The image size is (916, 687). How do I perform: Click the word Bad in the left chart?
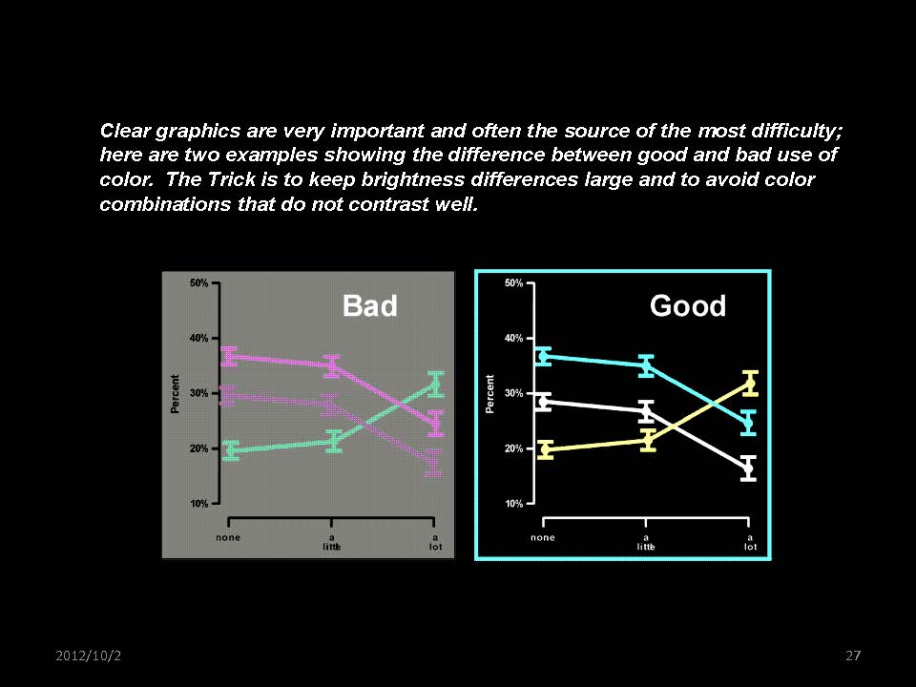[x=370, y=305]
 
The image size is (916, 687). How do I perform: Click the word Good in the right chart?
[x=688, y=305]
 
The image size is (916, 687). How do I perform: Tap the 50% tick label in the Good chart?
[x=513, y=283]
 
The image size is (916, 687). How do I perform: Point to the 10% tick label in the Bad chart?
[x=198, y=504]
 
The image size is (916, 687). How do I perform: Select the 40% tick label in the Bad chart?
[x=198, y=338]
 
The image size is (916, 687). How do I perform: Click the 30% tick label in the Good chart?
[x=513, y=393]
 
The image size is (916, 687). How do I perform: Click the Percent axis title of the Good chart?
[x=489, y=394]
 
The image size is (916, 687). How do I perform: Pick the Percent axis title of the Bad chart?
[x=175, y=394]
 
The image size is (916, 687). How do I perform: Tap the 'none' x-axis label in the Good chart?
[x=543, y=537]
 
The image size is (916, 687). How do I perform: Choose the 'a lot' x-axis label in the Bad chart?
[x=435, y=542]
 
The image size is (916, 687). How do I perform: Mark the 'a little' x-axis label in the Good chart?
[x=646, y=542]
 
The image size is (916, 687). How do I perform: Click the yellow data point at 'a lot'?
[x=750, y=384]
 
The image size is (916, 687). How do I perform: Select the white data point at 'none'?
[x=543, y=402]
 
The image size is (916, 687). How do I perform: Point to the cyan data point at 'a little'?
[x=646, y=366]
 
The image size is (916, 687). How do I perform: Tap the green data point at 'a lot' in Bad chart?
[x=436, y=385]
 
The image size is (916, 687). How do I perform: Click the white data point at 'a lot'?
[x=748, y=468]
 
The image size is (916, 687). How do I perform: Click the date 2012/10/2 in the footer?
[x=88, y=656]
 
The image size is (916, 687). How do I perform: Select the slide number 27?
[x=853, y=656]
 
